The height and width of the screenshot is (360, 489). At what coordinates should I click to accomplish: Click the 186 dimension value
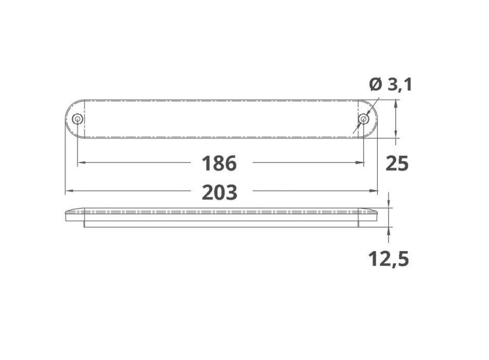pos(219,163)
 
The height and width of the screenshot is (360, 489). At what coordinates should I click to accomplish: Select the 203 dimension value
pos(220,192)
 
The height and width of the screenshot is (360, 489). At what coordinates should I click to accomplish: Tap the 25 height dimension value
pos(397,164)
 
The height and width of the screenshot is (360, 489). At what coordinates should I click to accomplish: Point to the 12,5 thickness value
pos(388,259)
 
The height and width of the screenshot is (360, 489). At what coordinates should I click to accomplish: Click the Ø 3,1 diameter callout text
pos(391,84)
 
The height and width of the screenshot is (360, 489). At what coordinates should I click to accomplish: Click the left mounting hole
pos(77,119)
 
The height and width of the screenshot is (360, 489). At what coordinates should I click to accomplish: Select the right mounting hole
pos(363,119)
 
